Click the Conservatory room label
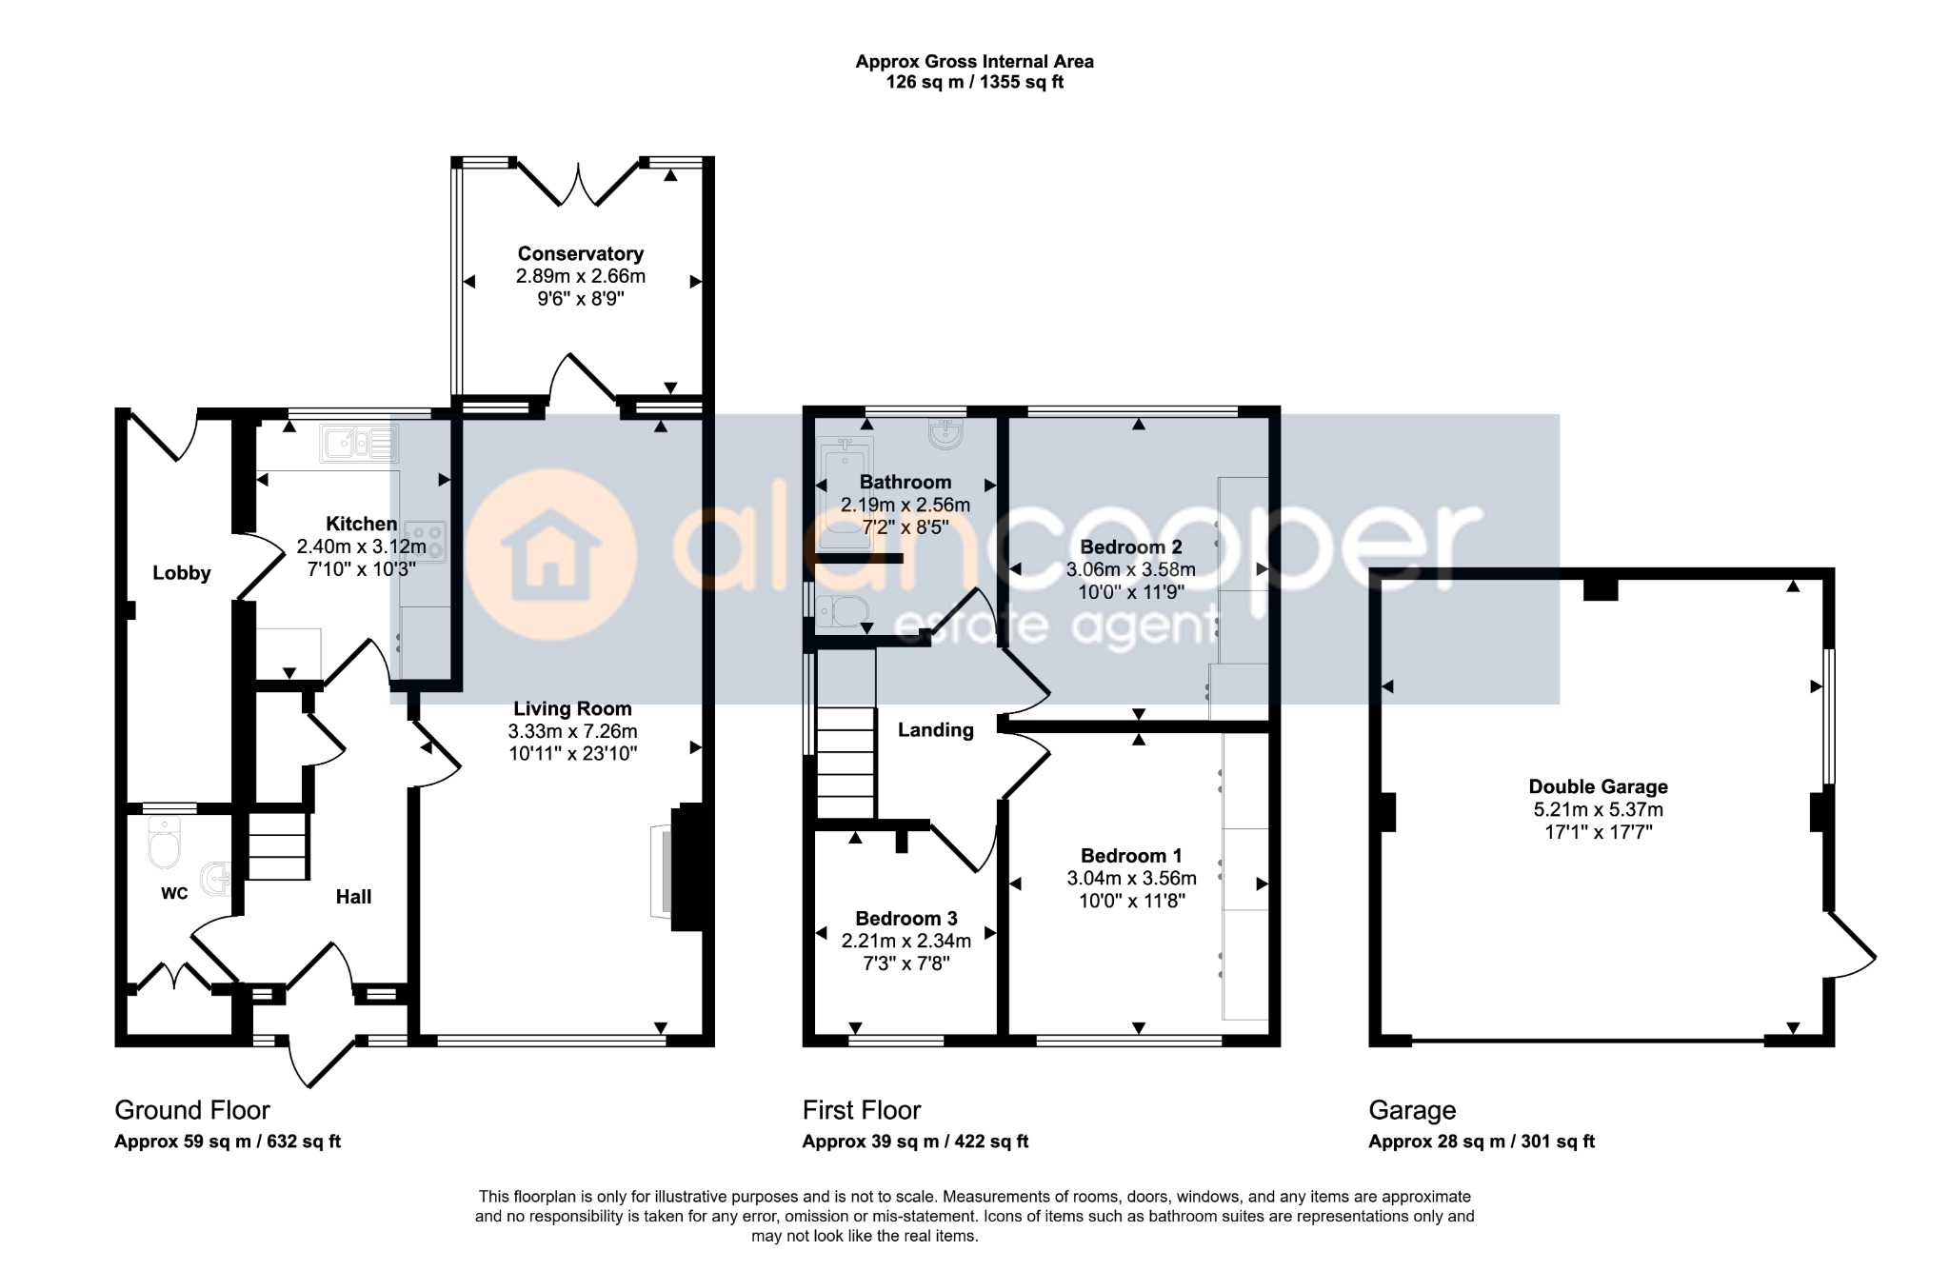pos(580,253)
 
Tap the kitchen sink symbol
pos(359,444)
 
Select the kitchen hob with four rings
pos(425,542)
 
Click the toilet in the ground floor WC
pos(164,843)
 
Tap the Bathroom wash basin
pos(945,434)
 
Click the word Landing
pos(936,730)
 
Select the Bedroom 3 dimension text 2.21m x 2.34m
pos(906,942)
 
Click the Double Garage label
pos(1599,787)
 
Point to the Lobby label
pos(182,573)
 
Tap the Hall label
pos(353,897)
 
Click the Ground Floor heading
pos(192,1110)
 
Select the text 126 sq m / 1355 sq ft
pos(975,82)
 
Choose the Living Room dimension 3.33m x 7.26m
pos(572,731)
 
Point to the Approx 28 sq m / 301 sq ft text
pos(1482,1142)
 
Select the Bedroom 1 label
pos(1131,855)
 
